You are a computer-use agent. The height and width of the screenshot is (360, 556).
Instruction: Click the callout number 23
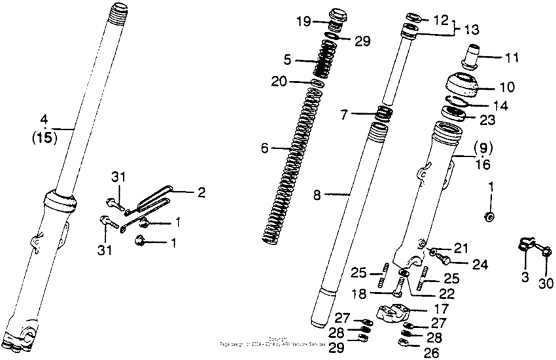click(488, 120)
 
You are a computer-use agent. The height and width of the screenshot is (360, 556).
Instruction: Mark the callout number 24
click(481, 265)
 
